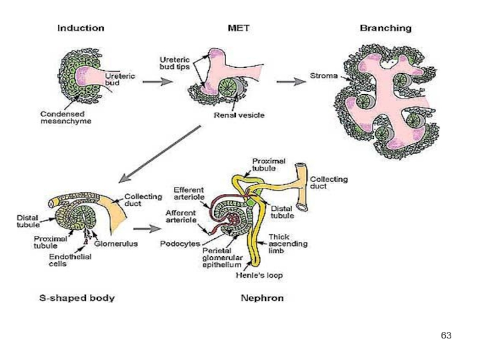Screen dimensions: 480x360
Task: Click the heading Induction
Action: pos(81,28)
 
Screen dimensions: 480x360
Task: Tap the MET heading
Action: pos(239,28)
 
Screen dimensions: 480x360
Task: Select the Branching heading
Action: pos(386,28)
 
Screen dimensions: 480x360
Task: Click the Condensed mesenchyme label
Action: pos(66,118)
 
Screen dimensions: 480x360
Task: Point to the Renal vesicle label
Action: pos(239,115)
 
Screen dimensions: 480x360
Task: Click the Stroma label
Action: pos(324,76)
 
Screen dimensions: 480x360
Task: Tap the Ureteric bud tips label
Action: pos(175,63)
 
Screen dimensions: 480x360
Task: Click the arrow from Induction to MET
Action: pos(158,82)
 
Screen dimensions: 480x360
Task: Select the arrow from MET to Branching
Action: pos(291,82)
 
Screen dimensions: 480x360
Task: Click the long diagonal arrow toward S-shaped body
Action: pos(160,154)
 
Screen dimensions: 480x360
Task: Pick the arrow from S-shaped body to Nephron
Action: pos(147,229)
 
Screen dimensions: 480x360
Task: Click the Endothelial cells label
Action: pos(70,260)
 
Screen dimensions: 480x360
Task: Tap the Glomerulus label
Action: pos(116,244)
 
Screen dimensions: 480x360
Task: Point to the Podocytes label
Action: pos(180,244)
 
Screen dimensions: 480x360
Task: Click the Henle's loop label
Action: pos(259,275)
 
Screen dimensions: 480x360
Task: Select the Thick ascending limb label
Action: pos(288,244)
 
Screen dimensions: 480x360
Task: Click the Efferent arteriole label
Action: pos(189,193)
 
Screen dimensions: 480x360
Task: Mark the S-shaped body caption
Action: pos(77,298)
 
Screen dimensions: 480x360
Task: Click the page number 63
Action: pos(446,335)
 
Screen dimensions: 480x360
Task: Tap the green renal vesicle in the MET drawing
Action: pos(227,87)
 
